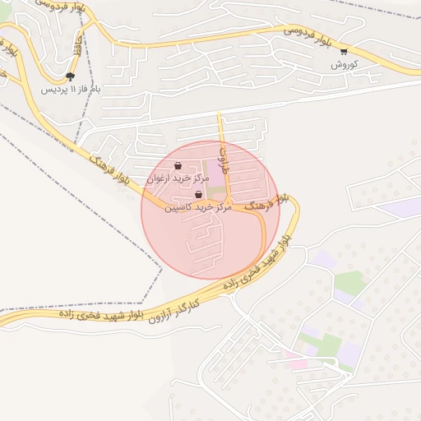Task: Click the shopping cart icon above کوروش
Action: pos(344,51)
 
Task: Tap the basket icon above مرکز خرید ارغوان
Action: pos(178,165)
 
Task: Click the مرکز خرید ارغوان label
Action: pos(178,178)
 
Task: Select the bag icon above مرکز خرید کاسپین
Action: pos(197,195)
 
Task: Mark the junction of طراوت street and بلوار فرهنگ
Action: pos(229,203)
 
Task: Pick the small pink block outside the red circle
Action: pos(294,363)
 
